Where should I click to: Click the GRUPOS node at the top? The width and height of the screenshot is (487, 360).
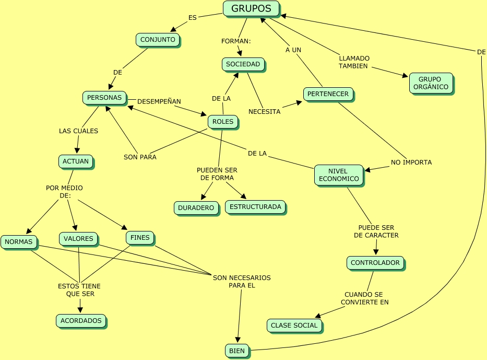(251, 9)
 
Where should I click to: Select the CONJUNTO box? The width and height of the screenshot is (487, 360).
(158, 39)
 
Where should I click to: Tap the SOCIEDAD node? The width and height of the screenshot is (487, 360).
(243, 64)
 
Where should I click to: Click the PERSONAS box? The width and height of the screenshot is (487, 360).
(104, 98)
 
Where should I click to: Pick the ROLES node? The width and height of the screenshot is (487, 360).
(223, 122)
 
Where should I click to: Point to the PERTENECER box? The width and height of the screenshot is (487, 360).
(328, 94)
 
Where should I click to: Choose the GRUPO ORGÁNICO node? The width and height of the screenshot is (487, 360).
(430, 83)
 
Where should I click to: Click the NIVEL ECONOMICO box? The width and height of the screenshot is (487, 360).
(338, 175)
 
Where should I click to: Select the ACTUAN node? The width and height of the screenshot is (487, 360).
(76, 161)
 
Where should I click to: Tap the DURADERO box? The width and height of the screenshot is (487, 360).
(196, 208)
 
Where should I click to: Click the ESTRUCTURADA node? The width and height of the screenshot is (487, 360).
(255, 207)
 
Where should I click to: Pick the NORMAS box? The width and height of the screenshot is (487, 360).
(19, 242)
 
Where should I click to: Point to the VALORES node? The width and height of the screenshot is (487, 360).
(78, 239)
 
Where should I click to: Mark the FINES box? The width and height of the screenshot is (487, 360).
(140, 238)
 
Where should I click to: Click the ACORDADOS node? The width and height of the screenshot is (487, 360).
(80, 321)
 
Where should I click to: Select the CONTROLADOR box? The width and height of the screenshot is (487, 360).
(375, 263)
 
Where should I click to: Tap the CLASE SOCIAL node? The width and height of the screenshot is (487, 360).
(294, 326)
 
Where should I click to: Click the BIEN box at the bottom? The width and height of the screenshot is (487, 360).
(237, 351)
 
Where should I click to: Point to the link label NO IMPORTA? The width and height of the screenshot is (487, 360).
(411, 162)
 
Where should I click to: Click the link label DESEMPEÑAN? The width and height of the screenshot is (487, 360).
(159, 101)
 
